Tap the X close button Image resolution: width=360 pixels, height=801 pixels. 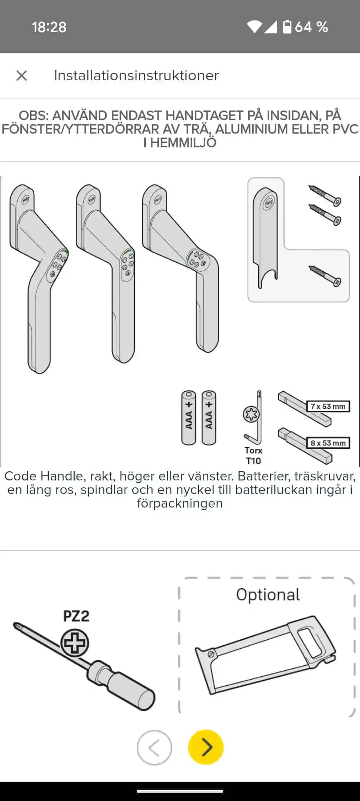[22, 76]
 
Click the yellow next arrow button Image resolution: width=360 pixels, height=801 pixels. [206, 747]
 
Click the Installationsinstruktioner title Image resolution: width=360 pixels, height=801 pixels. [136, 76]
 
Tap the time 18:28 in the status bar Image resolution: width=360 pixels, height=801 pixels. [49, 27]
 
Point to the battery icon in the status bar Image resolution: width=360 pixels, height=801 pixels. [287, 27]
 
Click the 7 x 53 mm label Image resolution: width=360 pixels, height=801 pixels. [328, 406]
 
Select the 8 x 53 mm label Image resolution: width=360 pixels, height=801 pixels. [328, 443]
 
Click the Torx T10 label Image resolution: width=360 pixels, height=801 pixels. [253, 455]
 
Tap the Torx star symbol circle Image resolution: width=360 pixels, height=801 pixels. [251, 414]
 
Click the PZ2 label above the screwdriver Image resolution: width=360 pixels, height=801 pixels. [76, 616]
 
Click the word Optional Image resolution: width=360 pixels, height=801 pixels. [268, 595]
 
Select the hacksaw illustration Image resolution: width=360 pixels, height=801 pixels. [265, 655]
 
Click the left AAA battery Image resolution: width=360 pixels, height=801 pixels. [189, 418]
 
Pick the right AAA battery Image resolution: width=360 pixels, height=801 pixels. [209, 418]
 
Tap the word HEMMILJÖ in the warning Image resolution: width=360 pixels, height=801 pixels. [183, 143]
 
